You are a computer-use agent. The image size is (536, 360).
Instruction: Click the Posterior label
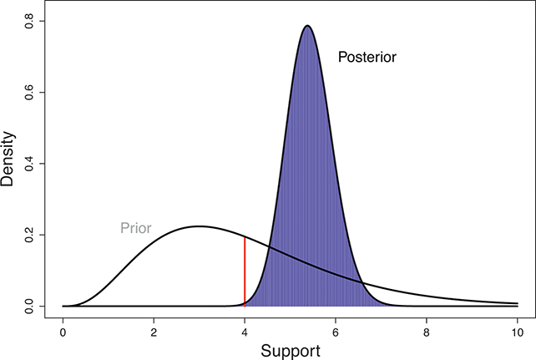[367, 58]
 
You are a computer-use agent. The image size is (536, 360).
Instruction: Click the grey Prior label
[136, 227]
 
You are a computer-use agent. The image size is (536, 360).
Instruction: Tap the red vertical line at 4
[245, 271]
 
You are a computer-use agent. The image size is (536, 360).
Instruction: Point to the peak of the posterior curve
[308, 26]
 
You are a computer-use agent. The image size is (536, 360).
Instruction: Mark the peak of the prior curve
[199, 226]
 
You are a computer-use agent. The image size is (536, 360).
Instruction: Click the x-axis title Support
[290, 350]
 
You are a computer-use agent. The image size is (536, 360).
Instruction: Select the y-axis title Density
[9, 163]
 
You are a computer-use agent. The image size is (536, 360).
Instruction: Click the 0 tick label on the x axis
[63, 329]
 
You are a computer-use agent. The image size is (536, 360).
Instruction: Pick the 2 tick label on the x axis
[154, 329]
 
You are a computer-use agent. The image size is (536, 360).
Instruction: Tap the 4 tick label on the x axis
[245, 329]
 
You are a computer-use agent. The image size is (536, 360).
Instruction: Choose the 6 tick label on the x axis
[336, 329]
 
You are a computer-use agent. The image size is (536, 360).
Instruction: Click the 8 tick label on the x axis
[427, 329]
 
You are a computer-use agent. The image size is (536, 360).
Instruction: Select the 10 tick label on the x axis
[518, 329]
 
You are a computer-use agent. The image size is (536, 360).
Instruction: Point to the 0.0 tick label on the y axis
[31, 307]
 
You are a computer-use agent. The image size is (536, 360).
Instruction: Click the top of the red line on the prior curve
[245, 237]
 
